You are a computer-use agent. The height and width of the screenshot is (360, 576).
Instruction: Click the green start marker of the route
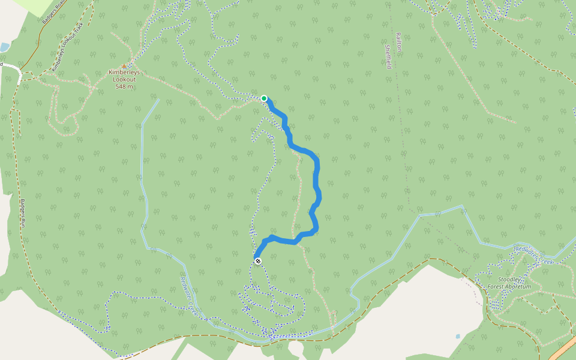click(264, 98)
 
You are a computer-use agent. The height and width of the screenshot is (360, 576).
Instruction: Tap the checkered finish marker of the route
click(258, 261)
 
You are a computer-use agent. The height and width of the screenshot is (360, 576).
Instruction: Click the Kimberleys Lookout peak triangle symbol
click(125, 66)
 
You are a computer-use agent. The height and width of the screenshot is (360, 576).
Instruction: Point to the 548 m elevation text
click(124, 86)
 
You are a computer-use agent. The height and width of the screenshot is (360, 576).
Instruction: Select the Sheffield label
click(388, 56)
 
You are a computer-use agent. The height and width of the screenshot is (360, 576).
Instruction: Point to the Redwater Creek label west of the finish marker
click(189, 293)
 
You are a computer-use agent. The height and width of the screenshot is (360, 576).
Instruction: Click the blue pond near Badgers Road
click(4, 47)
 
